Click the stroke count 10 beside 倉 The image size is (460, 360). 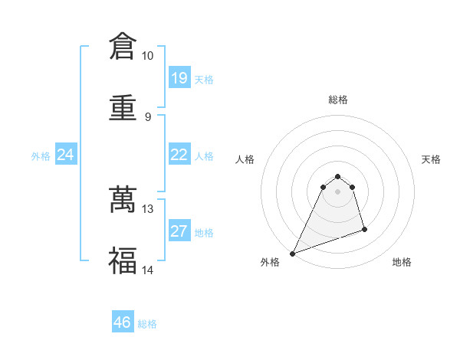click(x=147, y=56)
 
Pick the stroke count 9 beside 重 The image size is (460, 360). click(x=147, y=116)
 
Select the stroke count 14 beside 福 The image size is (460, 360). click(x=147, y=270)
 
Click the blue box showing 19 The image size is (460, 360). click(x=179, y=78)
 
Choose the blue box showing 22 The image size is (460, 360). click(x=179, y=155)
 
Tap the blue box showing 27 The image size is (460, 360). click(x=179, y=231)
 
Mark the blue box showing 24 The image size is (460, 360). click(x=66, y=155)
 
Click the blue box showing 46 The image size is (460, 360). click(x=123, y=323)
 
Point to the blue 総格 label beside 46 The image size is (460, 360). click(x=147, y=324)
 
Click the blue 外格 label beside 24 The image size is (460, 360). click(x=41, y=155)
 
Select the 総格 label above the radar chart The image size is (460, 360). click(x=338, y=100)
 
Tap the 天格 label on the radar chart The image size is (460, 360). click(x=432, y=159)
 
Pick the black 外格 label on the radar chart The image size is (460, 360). click(x=270, y=262)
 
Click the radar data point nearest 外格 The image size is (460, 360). click(x=292, y=254)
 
